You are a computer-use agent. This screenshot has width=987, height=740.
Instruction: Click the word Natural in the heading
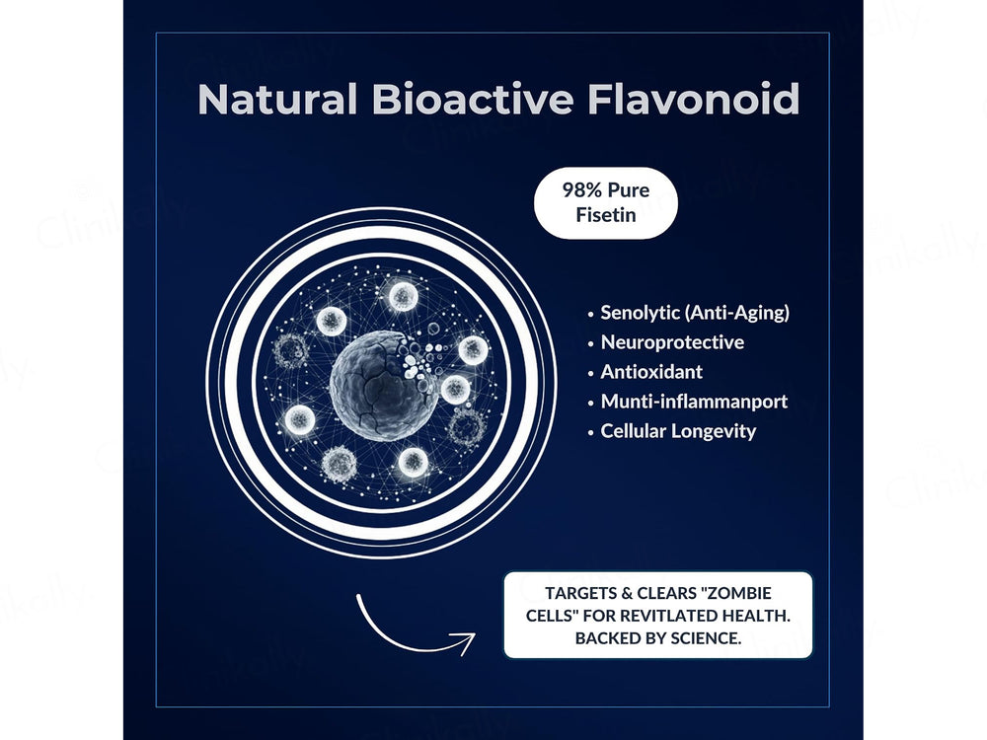click(x=277, y=99)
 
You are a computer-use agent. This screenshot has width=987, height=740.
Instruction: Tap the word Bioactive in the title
click(x=472, y=99)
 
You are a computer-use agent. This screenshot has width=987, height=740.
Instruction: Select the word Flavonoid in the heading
click(x=693, y=99)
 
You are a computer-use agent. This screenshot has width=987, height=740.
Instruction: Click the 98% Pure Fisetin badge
click(x=606, y=202)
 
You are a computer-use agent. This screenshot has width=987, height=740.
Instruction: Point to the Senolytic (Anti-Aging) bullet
click(x=695, y=313)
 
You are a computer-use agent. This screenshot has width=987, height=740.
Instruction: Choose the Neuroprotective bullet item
click(x=672, y=342)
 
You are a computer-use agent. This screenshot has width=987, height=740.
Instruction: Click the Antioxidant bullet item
click(x=651, y=372)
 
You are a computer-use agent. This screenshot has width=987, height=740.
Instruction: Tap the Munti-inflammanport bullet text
click(x=694, y=402)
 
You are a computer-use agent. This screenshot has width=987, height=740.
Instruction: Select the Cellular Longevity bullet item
click(x=678, y=431)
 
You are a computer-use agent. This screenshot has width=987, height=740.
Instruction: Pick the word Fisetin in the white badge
click(x=606, y=215)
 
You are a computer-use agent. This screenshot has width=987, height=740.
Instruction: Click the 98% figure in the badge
click(x=582, y=190)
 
